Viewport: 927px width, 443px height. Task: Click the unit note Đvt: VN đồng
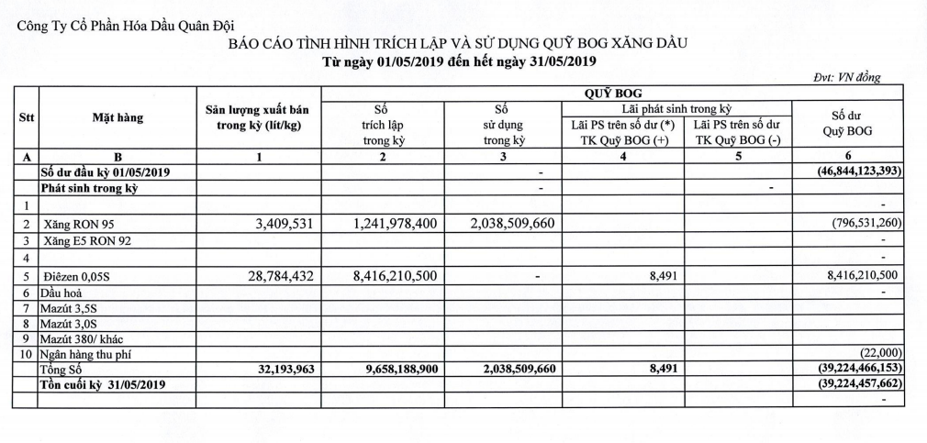[847, 78]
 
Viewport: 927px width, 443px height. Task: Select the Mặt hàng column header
[117, 117]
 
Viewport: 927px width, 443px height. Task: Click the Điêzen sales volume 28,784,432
[284, 275]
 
